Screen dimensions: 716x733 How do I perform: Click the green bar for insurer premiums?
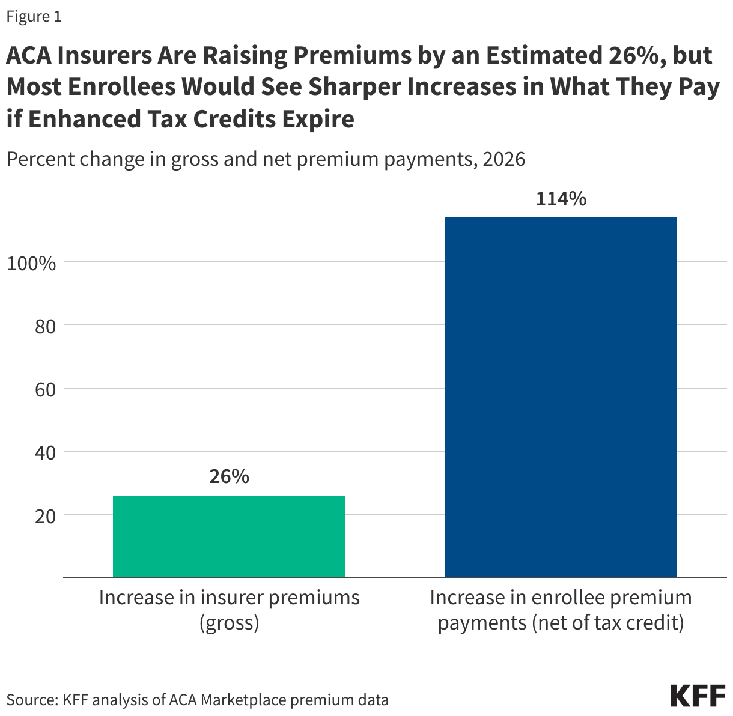(x=229, y=536)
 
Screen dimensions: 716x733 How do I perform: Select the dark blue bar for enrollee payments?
(x=561, y=397)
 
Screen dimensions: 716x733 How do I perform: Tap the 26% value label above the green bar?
(x=229, y=476)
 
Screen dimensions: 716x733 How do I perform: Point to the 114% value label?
(x=561, y=199)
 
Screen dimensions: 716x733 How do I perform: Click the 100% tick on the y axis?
(x=31, y=263)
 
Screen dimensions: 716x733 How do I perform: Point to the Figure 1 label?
(x=34, y=16)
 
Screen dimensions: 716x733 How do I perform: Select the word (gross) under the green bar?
(x=229, y=623)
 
